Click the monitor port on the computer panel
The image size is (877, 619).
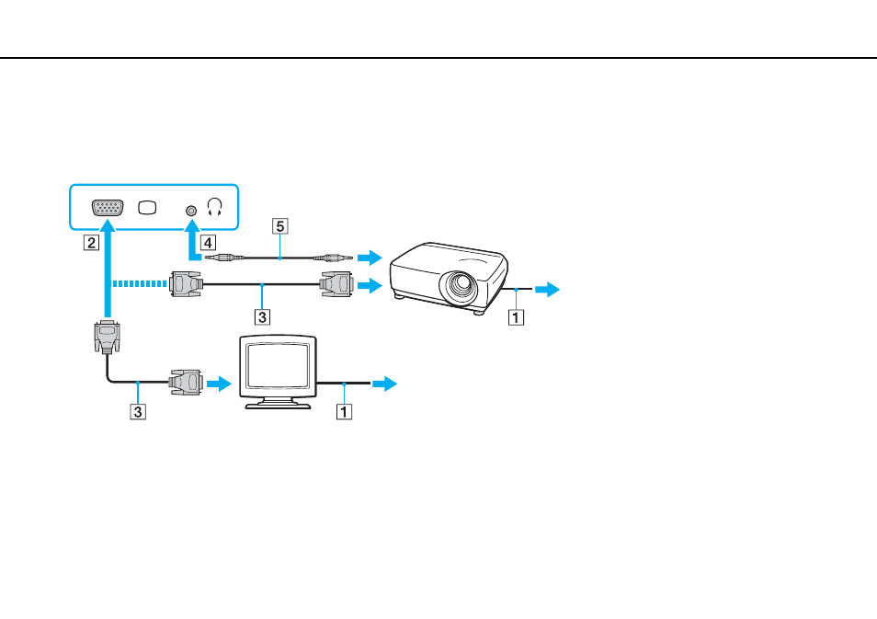[x=108, y=208]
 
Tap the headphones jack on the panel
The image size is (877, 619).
[x=191, y=211]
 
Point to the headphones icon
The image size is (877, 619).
[x=215, y=207]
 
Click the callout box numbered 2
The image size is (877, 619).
[x=91, y=242]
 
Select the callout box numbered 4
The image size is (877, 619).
[x=208, y=242]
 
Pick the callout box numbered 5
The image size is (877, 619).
[x=280, y=226]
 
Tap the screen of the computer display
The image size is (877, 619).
[x=278, y=365]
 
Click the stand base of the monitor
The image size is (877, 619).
[x=278, y=405]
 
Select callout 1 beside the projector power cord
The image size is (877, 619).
[x=516, y=317]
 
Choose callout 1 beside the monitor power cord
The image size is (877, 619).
[x=344, y=412]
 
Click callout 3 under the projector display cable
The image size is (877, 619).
[x=262, y=317]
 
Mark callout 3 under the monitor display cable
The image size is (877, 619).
[x=138, y=412]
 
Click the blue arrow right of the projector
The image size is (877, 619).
[x=548, y=290]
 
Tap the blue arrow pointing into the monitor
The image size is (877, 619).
[x=219, y=384]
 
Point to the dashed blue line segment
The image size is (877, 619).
[x=140, y=284]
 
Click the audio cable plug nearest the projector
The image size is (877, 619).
[x=334, y=258]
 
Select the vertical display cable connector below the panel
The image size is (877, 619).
[x=107, y=337]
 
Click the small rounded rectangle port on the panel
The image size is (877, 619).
[x=148, y=208]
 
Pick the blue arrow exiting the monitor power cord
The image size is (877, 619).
[x=385, y=384]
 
